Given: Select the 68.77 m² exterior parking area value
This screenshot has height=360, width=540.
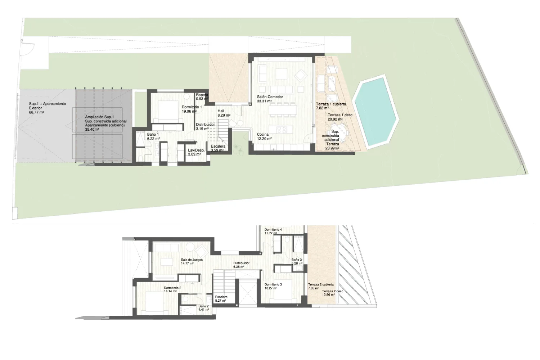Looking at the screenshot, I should pyautogui.click(x=36, y=112).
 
